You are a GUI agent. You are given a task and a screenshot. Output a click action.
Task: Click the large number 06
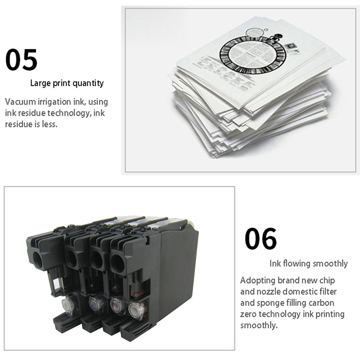[261, 239]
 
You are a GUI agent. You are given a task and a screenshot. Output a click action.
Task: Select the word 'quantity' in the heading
[88, 83]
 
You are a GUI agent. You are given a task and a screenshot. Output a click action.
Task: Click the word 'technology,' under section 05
[67, 113]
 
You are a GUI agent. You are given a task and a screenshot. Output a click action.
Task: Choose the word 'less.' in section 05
[49, 124]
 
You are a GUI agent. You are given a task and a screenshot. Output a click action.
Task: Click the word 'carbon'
[321, 303]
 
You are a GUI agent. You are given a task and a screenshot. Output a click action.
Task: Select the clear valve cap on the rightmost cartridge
[135, 309]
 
